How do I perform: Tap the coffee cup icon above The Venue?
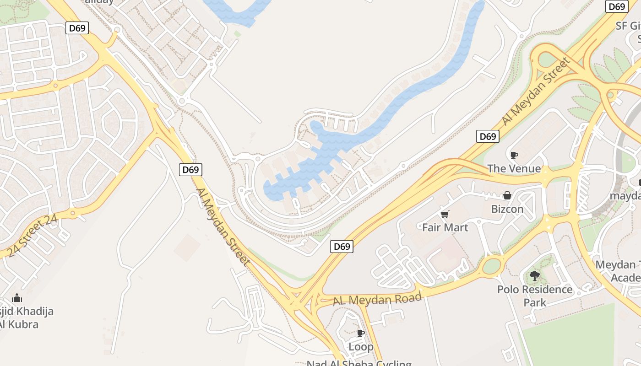click(514, 155)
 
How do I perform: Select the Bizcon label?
click(507, 209)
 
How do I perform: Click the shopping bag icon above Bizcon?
click(507, 196)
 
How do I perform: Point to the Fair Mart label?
click(445, 227)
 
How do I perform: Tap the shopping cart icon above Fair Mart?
click(445, 214)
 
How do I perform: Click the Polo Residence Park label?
click(535, 296)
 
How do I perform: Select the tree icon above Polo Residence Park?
click(534, 276)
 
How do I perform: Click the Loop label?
click(361, 346)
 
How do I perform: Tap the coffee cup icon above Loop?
click(361, 333)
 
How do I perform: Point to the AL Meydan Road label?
click(377, 300)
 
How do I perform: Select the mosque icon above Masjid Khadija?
click(17, 298)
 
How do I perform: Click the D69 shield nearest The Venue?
click(487, 136)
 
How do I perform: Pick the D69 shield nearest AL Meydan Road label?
click(342, 247)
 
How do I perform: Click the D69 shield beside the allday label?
click(77, 28)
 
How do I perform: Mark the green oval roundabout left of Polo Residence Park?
click(491, 266)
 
